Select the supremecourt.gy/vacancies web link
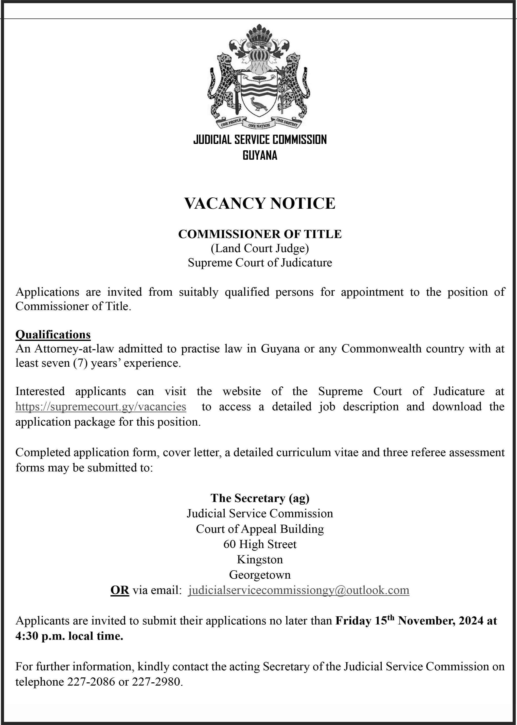coord(101,407)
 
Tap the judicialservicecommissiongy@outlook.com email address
coord(299,590)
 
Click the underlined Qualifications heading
coord(53,334)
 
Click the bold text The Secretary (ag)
coord(260,498)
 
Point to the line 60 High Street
coord(260,544)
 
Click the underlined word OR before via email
coord(120,590)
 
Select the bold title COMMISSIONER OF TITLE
coord(260,234)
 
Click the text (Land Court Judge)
coord(260,248)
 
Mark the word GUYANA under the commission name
coord(260,155)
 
